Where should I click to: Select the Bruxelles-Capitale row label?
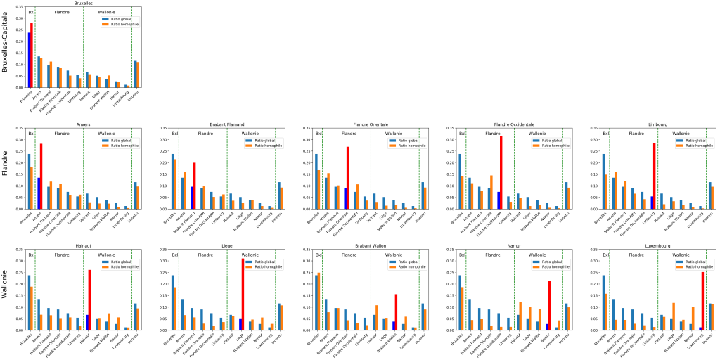click(6, 45)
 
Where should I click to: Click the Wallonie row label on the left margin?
click(6, 288)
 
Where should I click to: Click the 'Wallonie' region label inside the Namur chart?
click(536, 255)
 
